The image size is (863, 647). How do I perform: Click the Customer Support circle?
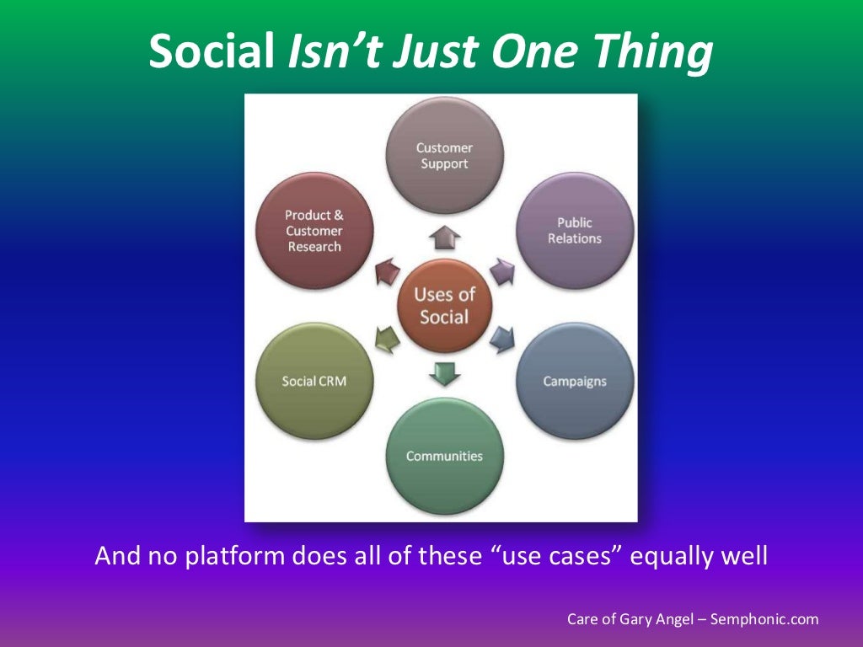coord(445,155)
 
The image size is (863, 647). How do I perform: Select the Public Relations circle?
coord(575,230)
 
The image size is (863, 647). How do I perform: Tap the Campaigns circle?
coord(575,381)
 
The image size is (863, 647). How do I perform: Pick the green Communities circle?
coord(445,456)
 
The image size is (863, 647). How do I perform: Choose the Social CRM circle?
coord(314,381)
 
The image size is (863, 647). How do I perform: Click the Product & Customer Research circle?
coord(314,231)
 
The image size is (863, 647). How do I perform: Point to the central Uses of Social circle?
coord(444,306)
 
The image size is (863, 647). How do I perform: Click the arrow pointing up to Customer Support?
coord(444,238)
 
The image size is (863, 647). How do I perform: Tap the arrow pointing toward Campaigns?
coord(502,339)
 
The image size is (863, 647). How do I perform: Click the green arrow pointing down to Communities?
coord(444,372)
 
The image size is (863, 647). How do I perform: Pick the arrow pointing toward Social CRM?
coord(386,339)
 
